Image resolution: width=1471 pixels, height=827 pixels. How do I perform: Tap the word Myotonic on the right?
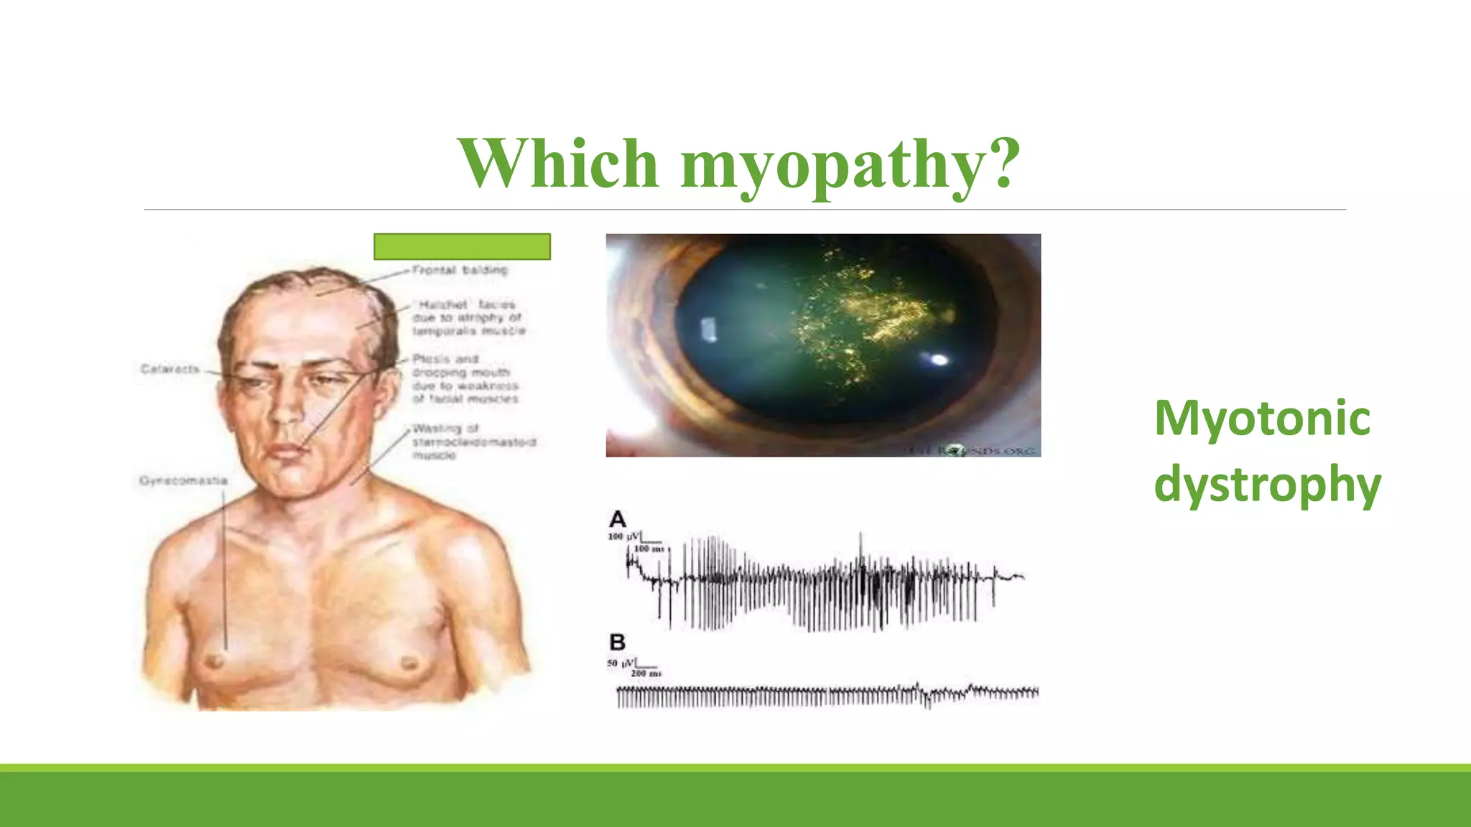pyautogui.click(x=1262, y=418)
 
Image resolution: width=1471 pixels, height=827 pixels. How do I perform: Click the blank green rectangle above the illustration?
pyautogui.click(x=462, y=246)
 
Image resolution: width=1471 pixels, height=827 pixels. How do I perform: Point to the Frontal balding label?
pyautogui.click(x=460, y=270)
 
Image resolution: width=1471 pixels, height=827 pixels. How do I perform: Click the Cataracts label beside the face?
pyautogui.click(x=170, y=369)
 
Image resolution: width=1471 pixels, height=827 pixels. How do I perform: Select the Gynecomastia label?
pyautogui.click(x=184, y=480)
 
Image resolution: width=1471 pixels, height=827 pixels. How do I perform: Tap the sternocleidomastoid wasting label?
pyautogui.click(x=473, y=441)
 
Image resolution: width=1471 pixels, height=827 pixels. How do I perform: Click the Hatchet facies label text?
pyautogui.click(x=469, y=317)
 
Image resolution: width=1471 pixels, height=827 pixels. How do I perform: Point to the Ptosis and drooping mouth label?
pyautogui.click(x=465, y=378)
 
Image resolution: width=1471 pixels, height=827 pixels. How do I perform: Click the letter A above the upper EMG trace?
pyautogui.click(x=617, y=519)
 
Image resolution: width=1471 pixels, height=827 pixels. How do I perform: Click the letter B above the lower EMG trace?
pyautogui.click(x=617, y=642)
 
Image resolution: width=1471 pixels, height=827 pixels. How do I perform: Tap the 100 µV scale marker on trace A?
pyautogui.click(x=623, y=537)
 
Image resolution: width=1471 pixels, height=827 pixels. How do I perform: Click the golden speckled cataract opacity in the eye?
pyautogui.click(x=869, y=316)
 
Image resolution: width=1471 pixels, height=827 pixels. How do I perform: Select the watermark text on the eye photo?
pyautogui.click(x=970, y=450)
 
